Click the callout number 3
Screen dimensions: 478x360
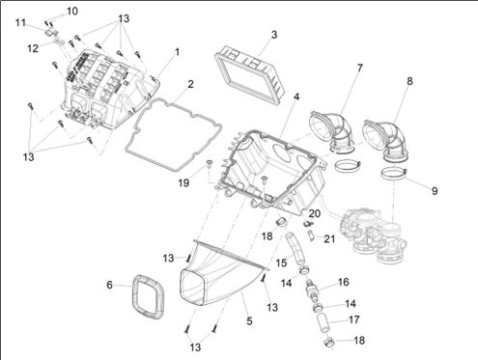(274, 35)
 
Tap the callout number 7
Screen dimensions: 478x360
(360, 68)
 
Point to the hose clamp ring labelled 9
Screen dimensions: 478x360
(394, 175)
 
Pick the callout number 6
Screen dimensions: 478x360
(109, 285)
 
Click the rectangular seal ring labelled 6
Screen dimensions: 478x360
(149, 297)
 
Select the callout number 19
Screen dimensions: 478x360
(183, 183)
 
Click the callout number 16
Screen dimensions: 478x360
(344, 282)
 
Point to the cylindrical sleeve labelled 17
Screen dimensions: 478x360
(322, 325)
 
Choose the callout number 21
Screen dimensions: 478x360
(329, 239)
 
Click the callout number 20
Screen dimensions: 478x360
(315, 213)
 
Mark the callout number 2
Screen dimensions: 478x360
(190, 84)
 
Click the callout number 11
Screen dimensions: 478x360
(20, 23)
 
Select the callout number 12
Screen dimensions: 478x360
(33, 48)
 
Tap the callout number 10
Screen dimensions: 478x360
(72, 12)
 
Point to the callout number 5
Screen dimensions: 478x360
(249, 321)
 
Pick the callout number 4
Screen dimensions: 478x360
(296, 97)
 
